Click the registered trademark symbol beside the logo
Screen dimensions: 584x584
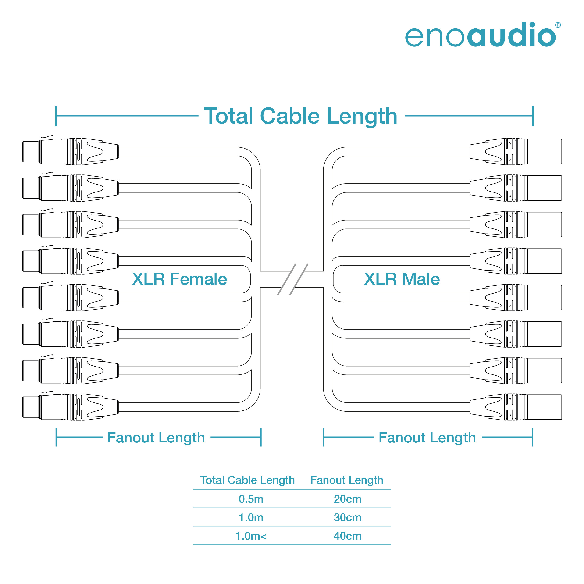click(558, 25)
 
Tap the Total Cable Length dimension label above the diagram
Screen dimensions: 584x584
click(301, 116)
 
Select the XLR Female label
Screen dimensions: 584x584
click(180, 279)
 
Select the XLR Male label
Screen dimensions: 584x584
click(402, 279)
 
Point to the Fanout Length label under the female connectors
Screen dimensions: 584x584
click(156, 438)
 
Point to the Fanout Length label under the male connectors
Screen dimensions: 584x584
click(427, 438)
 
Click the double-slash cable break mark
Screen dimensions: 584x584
click(293, 279)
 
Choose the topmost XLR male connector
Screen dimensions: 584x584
click(516, 151)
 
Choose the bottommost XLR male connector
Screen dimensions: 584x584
click(516, 407)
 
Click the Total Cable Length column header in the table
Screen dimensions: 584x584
click(247, 480)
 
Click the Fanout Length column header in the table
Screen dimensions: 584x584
click(347, 480)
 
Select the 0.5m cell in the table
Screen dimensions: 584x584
click(251, 499)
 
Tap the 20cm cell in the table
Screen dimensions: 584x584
click(347, 499)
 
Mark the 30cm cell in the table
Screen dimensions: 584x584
click(347, 517)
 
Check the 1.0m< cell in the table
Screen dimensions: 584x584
click(251, 536)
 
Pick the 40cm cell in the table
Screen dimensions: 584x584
click(347, 536)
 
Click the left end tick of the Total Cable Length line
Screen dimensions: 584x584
click(56, 116)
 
